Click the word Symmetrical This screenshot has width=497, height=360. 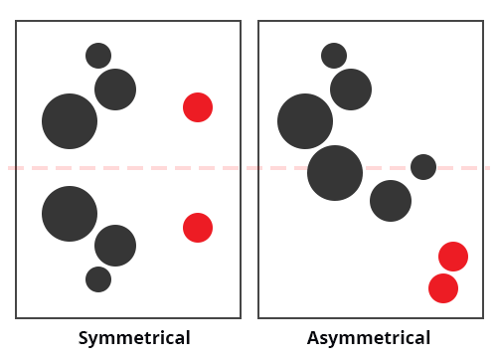134,338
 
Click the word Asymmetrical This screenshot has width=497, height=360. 369,338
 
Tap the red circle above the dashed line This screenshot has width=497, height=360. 198,107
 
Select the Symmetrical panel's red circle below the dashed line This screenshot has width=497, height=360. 198,228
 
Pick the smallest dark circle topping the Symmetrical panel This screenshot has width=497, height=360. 98,56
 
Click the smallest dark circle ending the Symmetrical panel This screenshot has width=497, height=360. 98,279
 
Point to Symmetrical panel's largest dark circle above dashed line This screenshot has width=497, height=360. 70,121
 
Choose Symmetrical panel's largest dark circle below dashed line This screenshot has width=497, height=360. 70,214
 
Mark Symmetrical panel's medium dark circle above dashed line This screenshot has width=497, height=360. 115,90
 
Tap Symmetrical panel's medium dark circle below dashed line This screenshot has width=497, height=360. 115,246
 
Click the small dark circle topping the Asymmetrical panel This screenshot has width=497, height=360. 334,56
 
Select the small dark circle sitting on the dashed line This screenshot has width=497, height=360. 423,167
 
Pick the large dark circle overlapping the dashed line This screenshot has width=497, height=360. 335,173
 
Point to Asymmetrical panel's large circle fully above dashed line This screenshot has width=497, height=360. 305,121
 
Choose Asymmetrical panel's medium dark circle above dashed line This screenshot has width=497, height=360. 351,90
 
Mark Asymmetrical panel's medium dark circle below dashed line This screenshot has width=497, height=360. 391,201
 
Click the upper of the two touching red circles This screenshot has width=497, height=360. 453,257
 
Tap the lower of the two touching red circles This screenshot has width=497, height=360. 443,288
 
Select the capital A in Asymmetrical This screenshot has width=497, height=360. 313,338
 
